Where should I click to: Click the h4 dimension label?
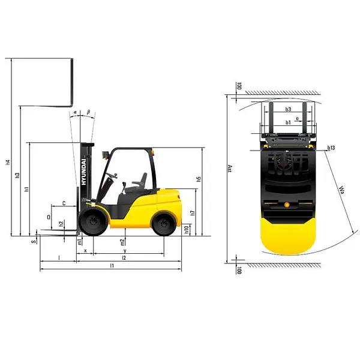tap(8, 161)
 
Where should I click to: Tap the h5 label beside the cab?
tap(198, 179)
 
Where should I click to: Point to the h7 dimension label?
tap(192, 212)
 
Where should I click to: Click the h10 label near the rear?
tap(187, 229)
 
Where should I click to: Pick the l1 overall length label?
tap(112, 265)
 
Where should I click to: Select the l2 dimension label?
tap(124, 257)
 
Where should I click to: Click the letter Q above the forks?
tap(49, 216)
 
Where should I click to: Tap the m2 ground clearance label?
tap(122, 242)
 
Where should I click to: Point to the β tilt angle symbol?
tap(88, 112)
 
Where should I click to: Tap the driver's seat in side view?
tap(139, 182)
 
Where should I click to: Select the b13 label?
tap(332, 148)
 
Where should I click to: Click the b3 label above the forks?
tap(289, 109)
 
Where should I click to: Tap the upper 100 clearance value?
tap(238, 86)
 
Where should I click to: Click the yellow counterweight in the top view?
tap(288, 237)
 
